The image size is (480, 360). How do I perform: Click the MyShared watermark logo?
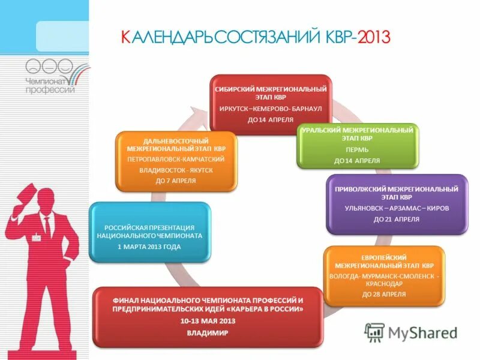click(412, 332)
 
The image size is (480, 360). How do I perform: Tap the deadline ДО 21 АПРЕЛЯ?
click(397, 219)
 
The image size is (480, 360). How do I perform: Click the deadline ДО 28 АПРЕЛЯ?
click(384, 294)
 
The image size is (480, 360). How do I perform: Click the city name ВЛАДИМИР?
click(208, 332)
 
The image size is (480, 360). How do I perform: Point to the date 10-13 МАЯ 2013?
click(208, 321)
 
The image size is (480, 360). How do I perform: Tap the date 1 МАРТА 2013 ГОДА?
click(149, 247)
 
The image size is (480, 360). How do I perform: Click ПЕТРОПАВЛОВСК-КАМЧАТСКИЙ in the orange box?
click(176, 159)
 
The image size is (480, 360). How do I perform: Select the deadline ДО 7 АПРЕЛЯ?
click(176, 180)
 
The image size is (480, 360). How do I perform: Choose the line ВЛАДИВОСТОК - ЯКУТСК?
click(176, 170)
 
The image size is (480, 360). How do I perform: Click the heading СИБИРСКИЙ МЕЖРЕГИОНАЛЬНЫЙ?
click(271, 89)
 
